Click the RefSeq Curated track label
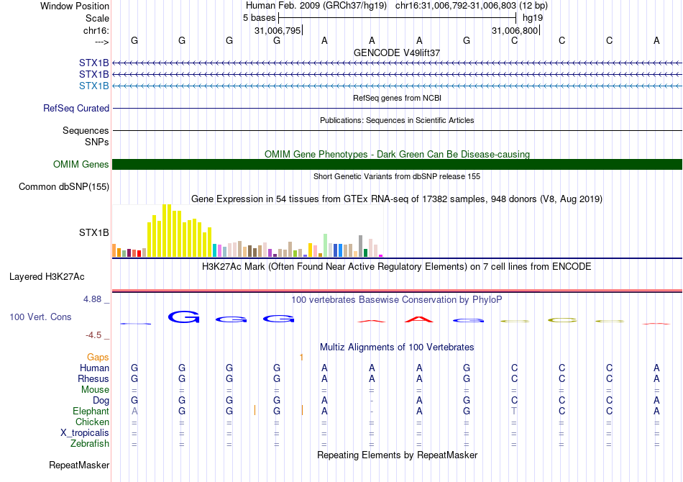76,109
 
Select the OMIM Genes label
81,165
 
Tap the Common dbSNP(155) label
64,187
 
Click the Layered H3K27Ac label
47,276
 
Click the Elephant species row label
91,411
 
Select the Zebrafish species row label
90,444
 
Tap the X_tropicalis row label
85,433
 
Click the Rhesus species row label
93,378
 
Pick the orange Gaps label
98,357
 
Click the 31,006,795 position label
277,30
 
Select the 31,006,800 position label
514,30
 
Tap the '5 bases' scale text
259,17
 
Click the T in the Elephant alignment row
514,411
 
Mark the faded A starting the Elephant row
134,411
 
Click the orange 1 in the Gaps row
301,357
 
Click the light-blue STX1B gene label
94,86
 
